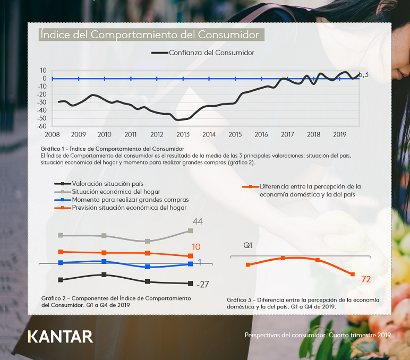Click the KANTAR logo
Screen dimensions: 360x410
pyautogui.click(x=61, y=336)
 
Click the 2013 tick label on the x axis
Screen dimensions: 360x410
pyautogui.click(x=183, y=134)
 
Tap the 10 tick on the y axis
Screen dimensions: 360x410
pyautogui.click(x=43, y=70)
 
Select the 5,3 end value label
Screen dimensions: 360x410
pyautogui.click(x=363, y=75)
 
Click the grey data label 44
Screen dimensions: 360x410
pyautogui.click(x=198, y=221)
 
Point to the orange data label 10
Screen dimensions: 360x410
pyautogui.click(x=196, y=247)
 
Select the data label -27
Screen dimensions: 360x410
pyautogui.click(x=202, y=285)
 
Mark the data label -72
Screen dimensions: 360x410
pyautogui.click(x=364, y=279)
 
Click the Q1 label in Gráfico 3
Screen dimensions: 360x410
pyautogui.click(x=248, y=245)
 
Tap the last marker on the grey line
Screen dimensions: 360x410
pyautogui.click(x=191, y=230)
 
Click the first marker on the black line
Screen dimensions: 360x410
pyautogui.click(x=61, y=280)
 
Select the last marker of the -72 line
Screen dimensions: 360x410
pyautogui.click(x=352, y=274)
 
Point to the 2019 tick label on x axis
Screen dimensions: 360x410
pyautogui.click(x=339, y=134)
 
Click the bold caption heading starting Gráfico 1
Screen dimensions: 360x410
pyautogui.click(x=112, y=148)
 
